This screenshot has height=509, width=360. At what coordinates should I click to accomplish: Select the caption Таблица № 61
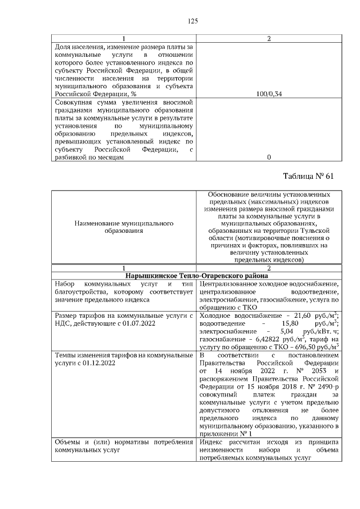(x=308, y=176)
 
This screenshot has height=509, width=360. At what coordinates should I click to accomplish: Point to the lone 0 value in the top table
(x=269, y=157)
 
